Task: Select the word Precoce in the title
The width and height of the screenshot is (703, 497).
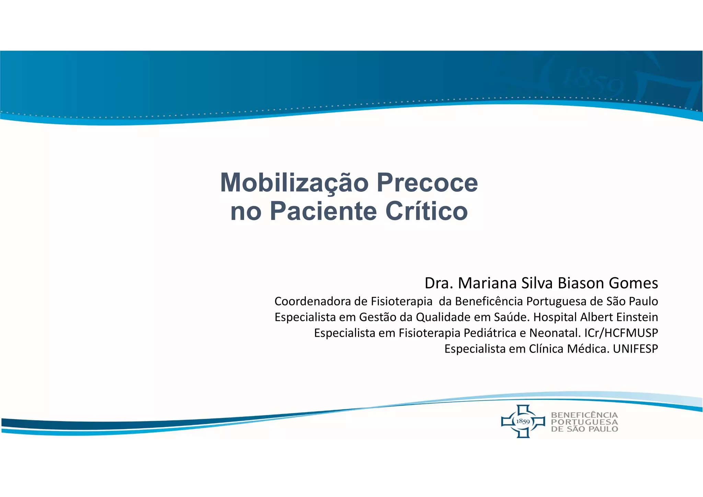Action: coord(427,183)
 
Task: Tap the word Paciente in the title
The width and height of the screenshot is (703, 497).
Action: coord(324,211)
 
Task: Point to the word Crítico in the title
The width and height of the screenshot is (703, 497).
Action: coord(426,211)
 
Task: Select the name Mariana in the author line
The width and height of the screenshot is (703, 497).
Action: coord(487,283)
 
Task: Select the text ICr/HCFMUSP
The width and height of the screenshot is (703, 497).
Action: coord(621,333)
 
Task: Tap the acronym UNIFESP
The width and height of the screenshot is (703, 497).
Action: coord(635,349)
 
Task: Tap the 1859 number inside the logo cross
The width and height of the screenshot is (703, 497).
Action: coord(523,421)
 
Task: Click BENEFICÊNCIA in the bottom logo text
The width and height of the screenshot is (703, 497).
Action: coord(584,415)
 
